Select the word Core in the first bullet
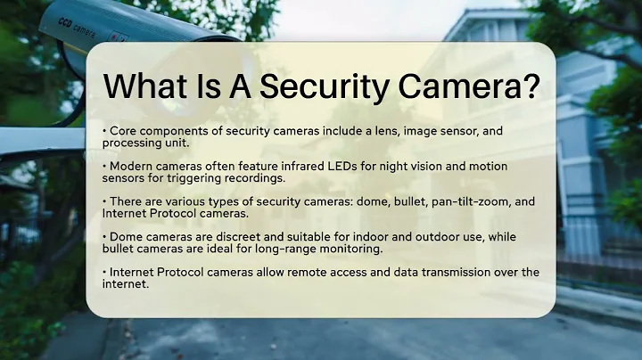(x=123, y=131)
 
